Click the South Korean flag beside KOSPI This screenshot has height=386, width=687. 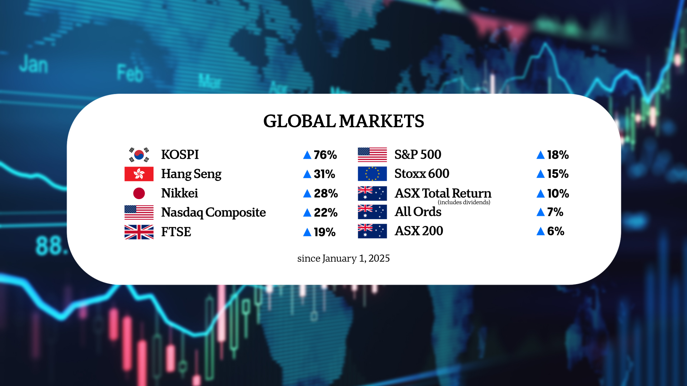tap(139, 155)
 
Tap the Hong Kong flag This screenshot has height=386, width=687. tap(139, 174)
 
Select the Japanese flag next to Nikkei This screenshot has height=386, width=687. tap(139, 193)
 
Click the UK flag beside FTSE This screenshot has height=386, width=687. tap(139, 232)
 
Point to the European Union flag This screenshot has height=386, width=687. tap(372, 174)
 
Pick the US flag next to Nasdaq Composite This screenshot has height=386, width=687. tap(139, 212)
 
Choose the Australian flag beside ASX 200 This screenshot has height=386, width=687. tap(372, 231)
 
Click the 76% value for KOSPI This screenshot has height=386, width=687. tap(325, 155)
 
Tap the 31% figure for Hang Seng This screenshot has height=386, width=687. tap(324, 174)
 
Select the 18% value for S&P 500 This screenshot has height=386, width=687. tap(557, 155)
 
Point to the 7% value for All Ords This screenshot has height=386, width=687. tap(555, 212)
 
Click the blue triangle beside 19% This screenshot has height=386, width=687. tap(307, 232)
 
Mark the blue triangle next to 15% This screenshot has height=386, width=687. tap(540, 174)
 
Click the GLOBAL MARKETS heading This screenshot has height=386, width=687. tap(343, 121)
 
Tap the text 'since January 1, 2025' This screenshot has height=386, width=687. tap(343, 258)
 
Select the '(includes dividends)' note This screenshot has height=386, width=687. tap(464, 202)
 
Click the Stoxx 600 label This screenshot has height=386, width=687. tap(422, 174)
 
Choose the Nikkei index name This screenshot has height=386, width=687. tap(179, 193)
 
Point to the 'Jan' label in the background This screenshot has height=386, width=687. tap(34, 65)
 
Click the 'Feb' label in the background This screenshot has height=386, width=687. tap(130, 73)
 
